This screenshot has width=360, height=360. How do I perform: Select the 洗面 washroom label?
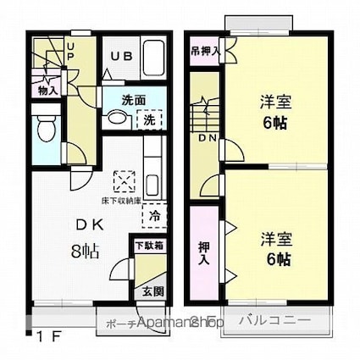click(133, 99)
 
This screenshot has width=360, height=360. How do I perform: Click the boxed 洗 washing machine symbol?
click(148, 119)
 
